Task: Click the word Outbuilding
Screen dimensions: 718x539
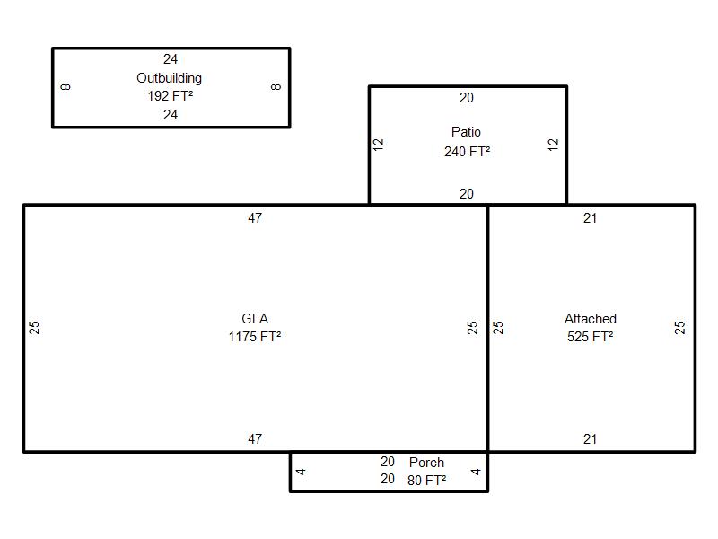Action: coord(169,78)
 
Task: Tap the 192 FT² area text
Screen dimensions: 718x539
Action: coord(171,96)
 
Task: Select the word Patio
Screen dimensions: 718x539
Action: coord(466,132)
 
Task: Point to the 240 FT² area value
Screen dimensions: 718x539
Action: coord(467,151)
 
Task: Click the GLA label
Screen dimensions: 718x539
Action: coord(255,319)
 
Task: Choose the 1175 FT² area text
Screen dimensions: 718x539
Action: coord(255,337)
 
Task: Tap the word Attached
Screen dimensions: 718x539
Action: coord(591,319)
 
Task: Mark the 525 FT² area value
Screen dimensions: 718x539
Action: coord(591,337)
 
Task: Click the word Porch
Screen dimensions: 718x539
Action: coord(427,462)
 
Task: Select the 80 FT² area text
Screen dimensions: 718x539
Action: coord(427,481)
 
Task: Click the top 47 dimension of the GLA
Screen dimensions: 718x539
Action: coord(255,218)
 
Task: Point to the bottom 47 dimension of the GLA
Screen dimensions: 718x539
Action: coord(255,439)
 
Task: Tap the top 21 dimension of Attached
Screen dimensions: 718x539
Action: coord(591,218)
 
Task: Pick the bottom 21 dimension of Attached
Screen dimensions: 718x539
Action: coord(591,439)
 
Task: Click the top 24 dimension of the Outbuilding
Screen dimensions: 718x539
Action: coord(171,59)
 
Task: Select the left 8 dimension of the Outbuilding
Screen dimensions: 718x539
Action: coord(66,86)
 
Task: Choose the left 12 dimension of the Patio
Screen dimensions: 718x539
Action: coord(378,145)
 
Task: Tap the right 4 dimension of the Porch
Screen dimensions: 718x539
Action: coord(476,472)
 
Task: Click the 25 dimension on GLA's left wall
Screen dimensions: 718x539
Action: coord(34,327)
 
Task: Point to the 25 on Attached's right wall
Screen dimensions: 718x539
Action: coord(679,327)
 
